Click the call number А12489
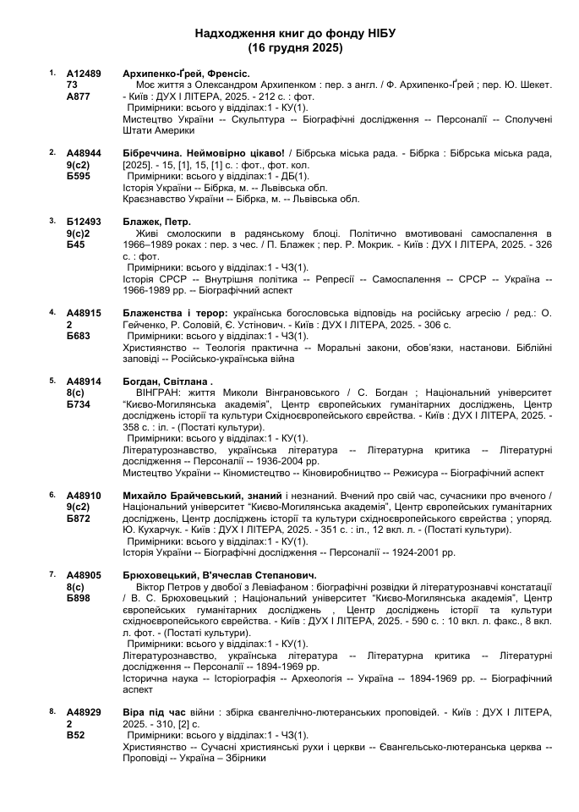click(84, 74)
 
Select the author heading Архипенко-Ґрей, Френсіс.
click(185, 74)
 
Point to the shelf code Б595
click(78, 176)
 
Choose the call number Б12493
click(84, 221)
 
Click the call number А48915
click(84, 312)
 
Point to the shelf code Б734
click(78, 404)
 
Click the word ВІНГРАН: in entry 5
click(159, 392)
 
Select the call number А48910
click(84, 495)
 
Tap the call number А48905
click(84, 573)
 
